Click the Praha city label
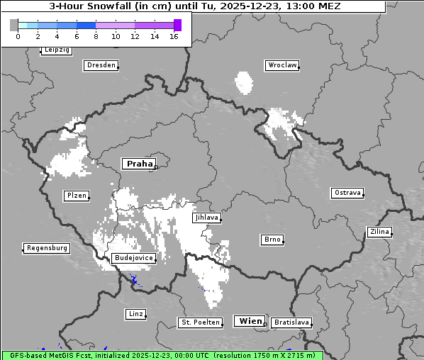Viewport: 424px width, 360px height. (x=139, y=164)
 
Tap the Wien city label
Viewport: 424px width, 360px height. (x=250, y=321)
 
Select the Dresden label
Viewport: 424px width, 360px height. (x=101, y=65)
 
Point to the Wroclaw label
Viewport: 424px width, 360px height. (x=282, y=65)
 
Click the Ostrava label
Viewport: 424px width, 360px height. (x=347, y=193)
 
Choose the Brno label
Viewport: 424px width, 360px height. (x=272, y=240)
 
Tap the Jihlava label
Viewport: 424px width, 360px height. (x=206, y=218)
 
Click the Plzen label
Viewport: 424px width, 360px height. (x=76, y=196)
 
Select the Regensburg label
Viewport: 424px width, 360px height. (x=47, y=248)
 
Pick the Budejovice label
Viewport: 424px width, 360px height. (x=133, y=258)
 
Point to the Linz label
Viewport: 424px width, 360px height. (x=135, y=313)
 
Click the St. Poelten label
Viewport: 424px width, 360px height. (x=199, y=322)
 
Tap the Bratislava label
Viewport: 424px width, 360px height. (x=291, y=322)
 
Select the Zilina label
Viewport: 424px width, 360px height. (x=379, y=232)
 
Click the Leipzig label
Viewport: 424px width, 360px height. (x=57, y=50)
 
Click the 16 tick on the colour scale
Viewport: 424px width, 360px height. (x=174, y=36)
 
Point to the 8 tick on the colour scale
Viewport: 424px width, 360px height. (x=96, y=36)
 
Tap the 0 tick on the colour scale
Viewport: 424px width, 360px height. (x=18, y=36)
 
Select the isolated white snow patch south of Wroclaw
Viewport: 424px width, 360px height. (x=245, y=82)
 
